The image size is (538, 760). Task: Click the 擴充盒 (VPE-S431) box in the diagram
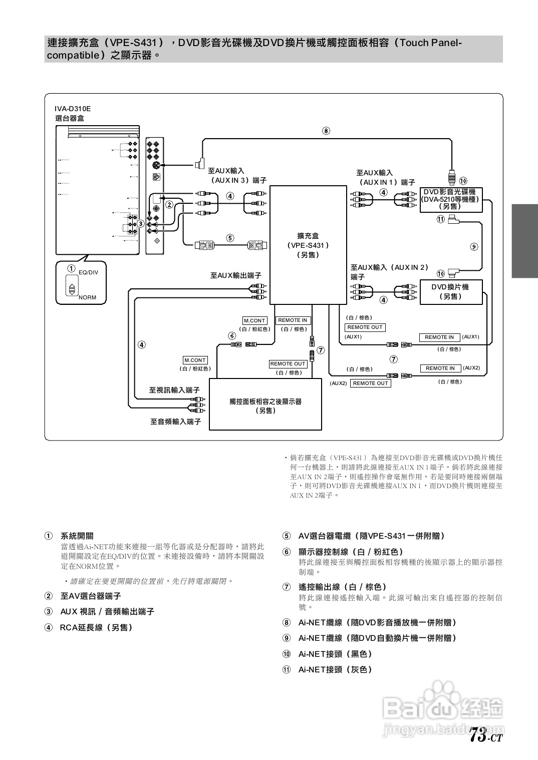(x=308, y=245)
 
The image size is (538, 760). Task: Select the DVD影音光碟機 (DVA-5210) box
(x=450, y=199)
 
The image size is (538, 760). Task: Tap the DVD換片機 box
(x=450, y=291)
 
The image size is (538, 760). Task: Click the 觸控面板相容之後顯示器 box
(x=265, y=406)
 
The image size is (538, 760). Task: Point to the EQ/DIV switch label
(x=89, y=272)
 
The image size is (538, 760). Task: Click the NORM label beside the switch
(x=87, y=297)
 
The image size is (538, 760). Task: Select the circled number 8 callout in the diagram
(x=326, y=131)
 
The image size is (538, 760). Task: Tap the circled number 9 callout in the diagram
(x=474, y=246)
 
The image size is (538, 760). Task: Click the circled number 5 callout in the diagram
(x=230, y=238)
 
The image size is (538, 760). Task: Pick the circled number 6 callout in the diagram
(x=232, y=336)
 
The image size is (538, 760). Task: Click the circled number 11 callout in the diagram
(x=440, y=219)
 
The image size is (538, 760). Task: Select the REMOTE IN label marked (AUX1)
(x=439, y=337)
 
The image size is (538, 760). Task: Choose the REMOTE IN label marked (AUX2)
(x=440, y=368)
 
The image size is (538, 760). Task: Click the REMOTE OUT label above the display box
(x=288, y=364)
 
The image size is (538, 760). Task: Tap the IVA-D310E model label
(x=73, y=109)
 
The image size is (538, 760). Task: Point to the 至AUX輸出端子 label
(x=235, y=275)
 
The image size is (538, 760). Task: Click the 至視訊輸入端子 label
(x=174, y=390)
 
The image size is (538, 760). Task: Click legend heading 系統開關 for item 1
(x=77, y=536)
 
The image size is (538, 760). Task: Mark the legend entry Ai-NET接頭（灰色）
(x=335, y=669)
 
